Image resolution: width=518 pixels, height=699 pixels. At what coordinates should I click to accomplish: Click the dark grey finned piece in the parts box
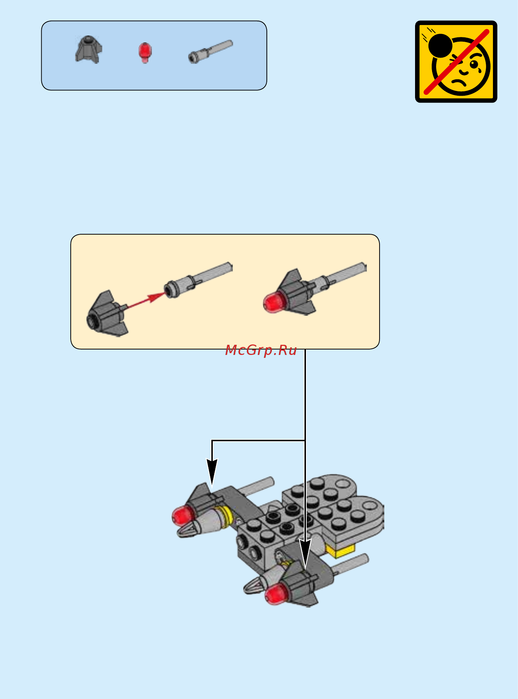[89, 50]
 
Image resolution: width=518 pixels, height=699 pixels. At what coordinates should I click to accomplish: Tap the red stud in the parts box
[145, 53]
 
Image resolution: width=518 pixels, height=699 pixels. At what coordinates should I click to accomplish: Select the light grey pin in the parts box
[211, 52]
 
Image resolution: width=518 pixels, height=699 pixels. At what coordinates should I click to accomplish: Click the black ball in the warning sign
[440, 46]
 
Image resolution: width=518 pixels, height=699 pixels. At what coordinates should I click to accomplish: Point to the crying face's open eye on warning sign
[474, 64]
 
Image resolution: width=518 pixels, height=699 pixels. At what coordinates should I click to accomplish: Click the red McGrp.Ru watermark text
[261, 351]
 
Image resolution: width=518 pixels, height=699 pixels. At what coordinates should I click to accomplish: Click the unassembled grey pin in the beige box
[198, 280]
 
